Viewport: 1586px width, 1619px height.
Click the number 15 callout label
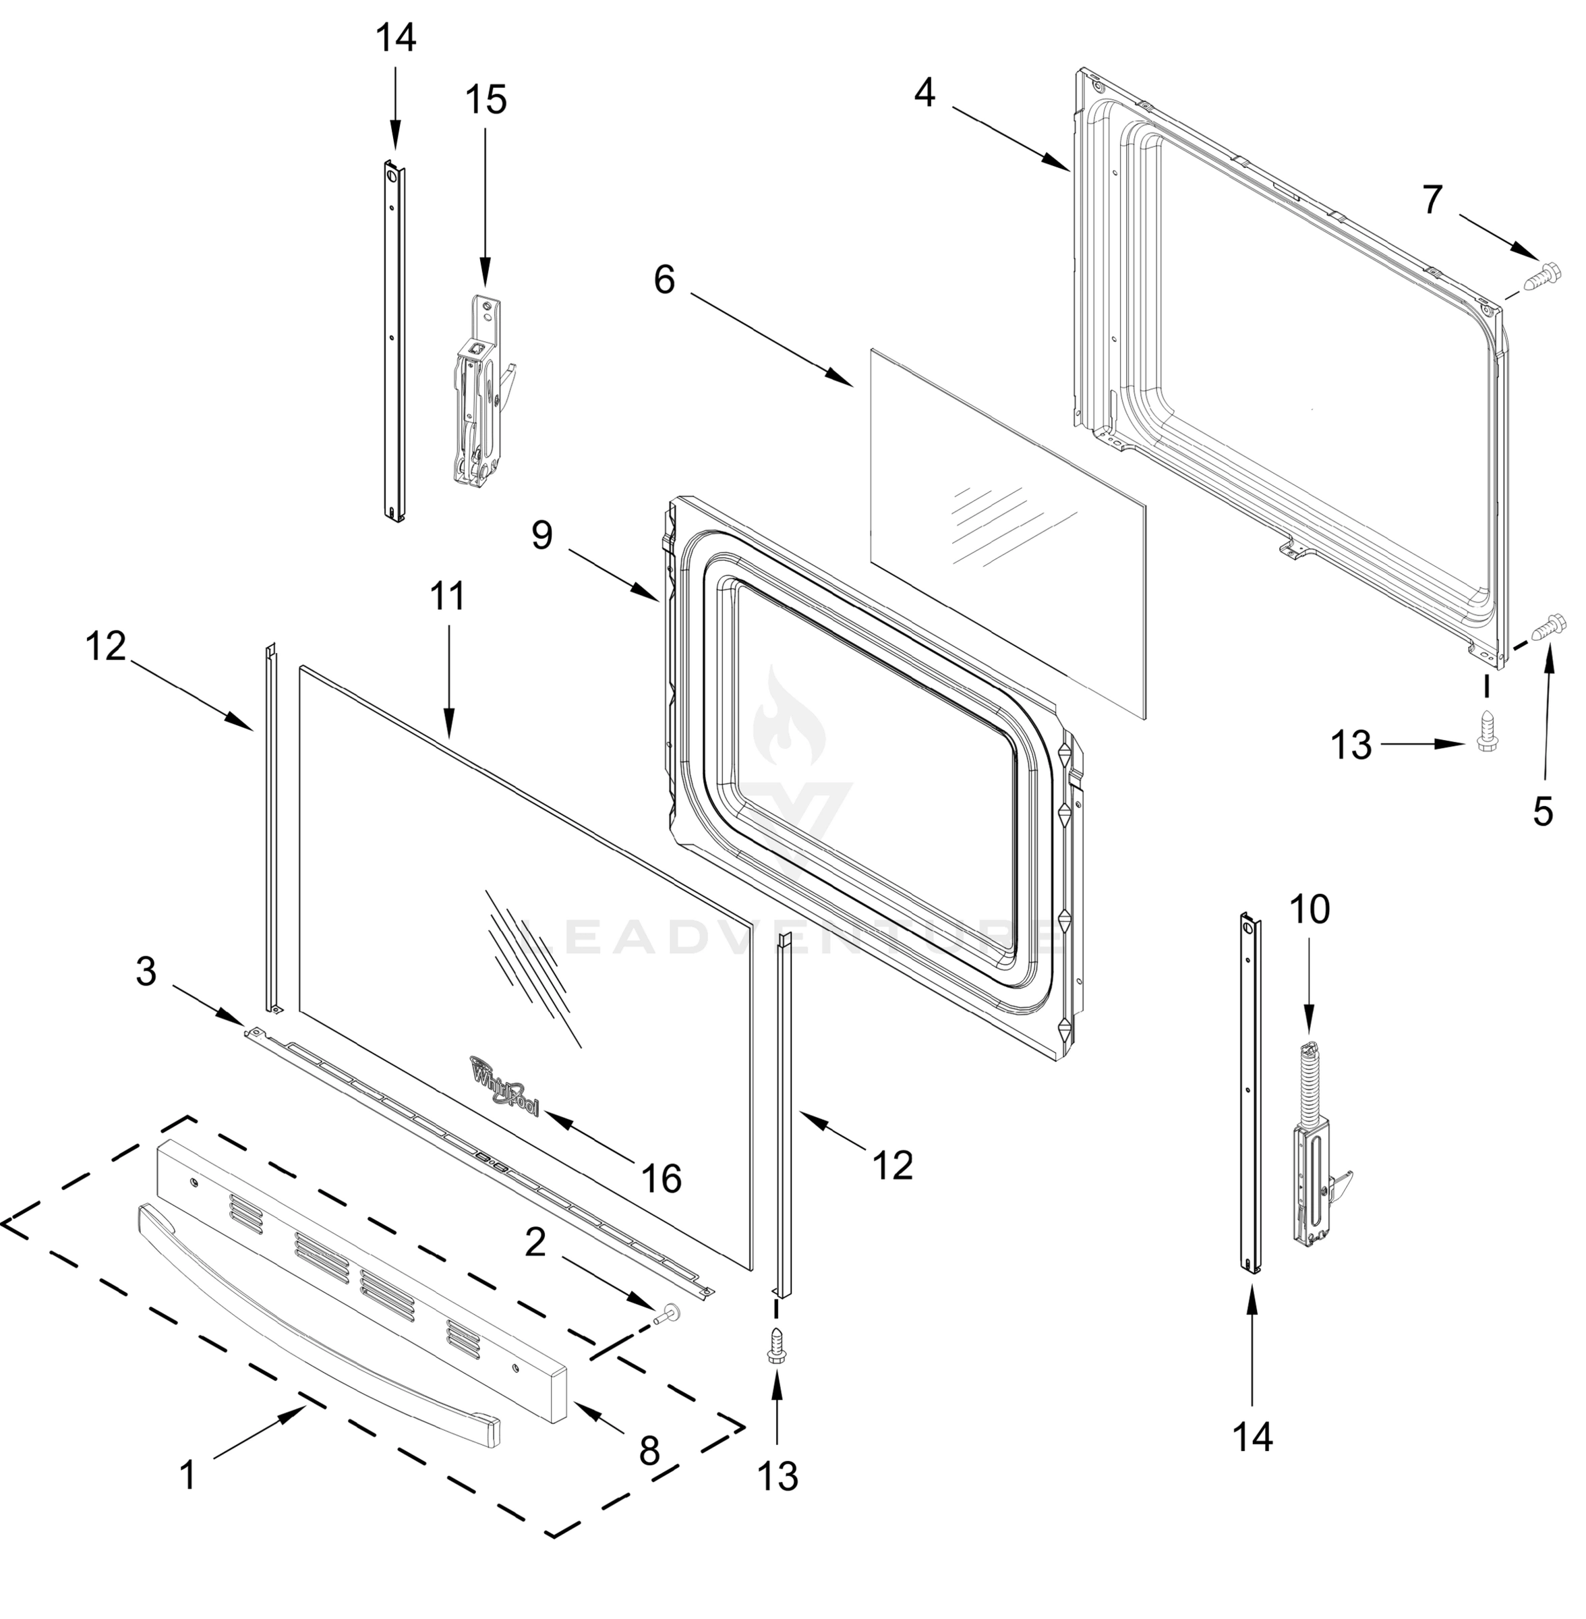(x=485, y=101)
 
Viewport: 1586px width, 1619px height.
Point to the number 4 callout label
(x=924, y=93)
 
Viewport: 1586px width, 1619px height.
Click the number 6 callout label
(x=664, y=281)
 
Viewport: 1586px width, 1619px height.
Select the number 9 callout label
(x=542, y=535)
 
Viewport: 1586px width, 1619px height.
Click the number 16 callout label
(x=662, y=1178)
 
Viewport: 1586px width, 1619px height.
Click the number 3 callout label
(x=146, y=971)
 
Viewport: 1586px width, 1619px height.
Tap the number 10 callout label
(x=1310, y=910)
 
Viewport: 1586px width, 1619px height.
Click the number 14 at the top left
(x=396, y=39)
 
